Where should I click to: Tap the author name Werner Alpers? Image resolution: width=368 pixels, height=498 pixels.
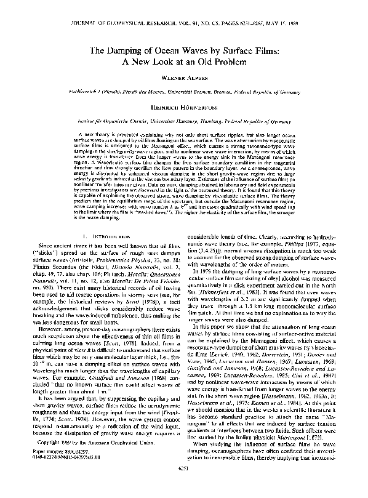coord(185,79)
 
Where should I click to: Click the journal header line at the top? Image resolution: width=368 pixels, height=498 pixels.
coord(184,9)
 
